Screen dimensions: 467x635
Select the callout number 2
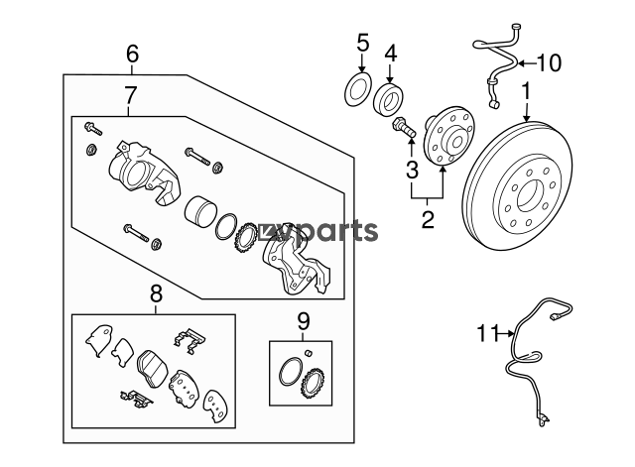coord(428,219)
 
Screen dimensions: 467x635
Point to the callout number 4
coord(391,52)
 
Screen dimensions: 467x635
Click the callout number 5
coord(362,43)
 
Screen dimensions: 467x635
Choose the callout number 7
coord(129,96)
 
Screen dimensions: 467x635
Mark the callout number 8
coord(155,293)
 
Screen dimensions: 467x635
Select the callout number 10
coord(548,63)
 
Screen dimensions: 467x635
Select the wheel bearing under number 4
coord(391,98)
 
